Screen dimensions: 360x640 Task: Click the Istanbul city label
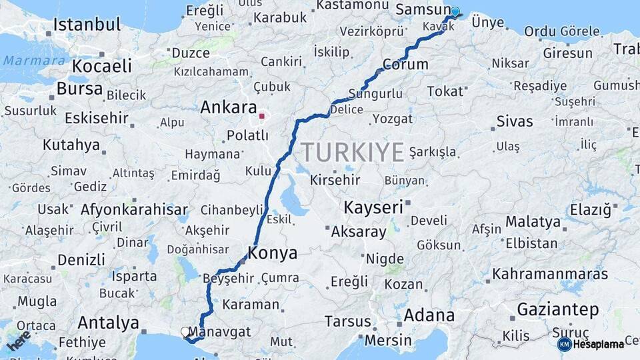(x=87, y=25)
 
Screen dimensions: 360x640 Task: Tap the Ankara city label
(x=228, y=107)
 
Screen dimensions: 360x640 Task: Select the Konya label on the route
(x=272, y=253)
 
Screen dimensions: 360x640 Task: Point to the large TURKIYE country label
(x=353, y=152)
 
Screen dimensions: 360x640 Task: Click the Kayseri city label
(x=373, y=207)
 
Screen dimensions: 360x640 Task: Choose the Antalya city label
(x=108, y=323)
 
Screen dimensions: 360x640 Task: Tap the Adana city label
(x=424, y=313)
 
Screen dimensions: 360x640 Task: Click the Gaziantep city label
(x=557, y=309)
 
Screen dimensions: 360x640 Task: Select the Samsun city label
(x=423, y=9)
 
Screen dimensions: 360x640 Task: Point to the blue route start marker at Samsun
(x=455, y=11)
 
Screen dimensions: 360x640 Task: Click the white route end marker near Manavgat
(x=185, y=331)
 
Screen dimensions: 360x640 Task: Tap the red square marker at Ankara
(x=262, y=116)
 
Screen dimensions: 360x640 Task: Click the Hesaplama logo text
(x=598, y=344)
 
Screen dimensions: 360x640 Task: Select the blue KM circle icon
(x=564, y=344)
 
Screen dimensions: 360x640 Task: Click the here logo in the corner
(x=19, y=340)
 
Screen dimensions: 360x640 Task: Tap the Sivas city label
(x=515, y=121)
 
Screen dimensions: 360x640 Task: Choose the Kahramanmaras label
(x=550, y=274)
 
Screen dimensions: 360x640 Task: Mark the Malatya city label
(x=533, y=221)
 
